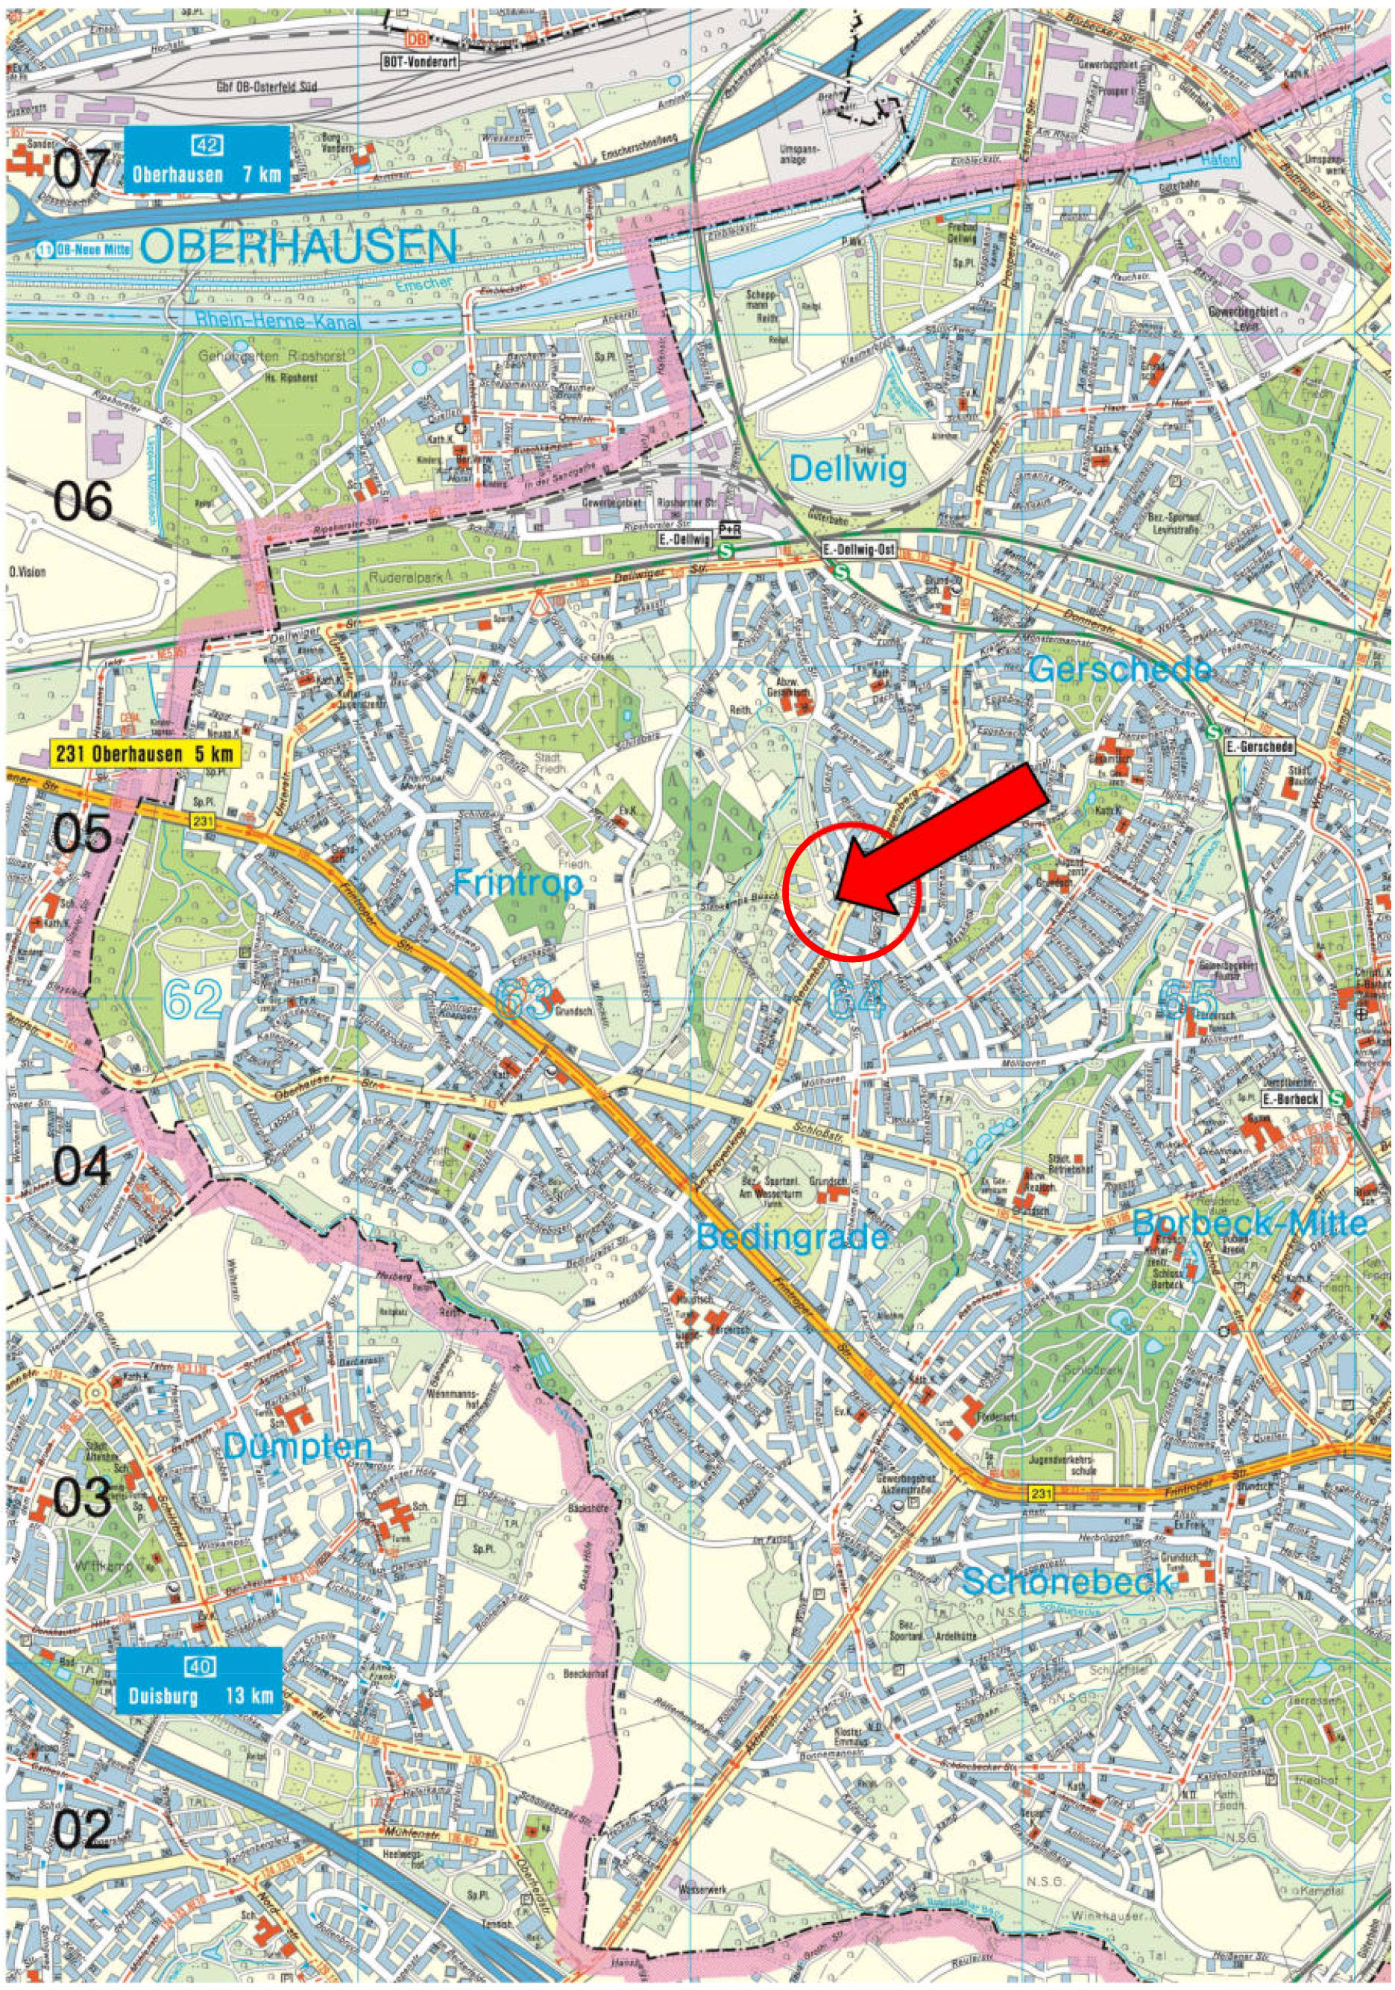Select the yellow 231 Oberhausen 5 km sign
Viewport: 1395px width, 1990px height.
point(144,753)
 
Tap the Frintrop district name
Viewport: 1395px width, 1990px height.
point(518,885)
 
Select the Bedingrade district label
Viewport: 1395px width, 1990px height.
point(792,1235)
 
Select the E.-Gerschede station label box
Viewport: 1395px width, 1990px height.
point(1259,745)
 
